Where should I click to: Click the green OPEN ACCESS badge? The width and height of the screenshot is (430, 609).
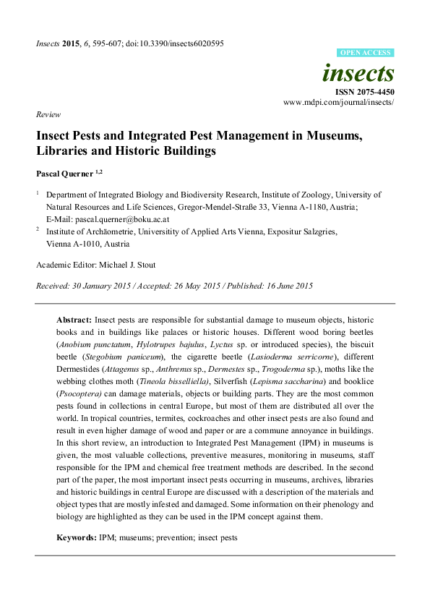[x=366, y=53]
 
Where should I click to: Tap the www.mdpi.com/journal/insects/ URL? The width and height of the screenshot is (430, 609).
[x=339, y=103]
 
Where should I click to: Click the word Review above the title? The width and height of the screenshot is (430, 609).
[x=48, y=115]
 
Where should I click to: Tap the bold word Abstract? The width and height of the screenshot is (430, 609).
[x=74, y=320]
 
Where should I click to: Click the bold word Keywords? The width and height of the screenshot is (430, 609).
[x=77, y=537]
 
